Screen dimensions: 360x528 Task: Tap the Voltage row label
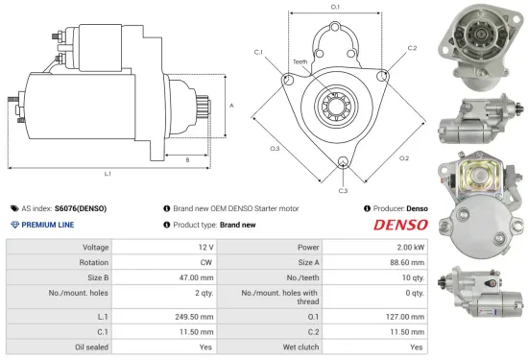86,247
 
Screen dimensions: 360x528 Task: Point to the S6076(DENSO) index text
81,207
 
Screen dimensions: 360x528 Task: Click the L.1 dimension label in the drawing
108,175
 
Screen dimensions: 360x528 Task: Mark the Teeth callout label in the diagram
300,61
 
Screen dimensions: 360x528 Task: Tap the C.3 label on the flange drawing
343,190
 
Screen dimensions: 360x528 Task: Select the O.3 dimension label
275,149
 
